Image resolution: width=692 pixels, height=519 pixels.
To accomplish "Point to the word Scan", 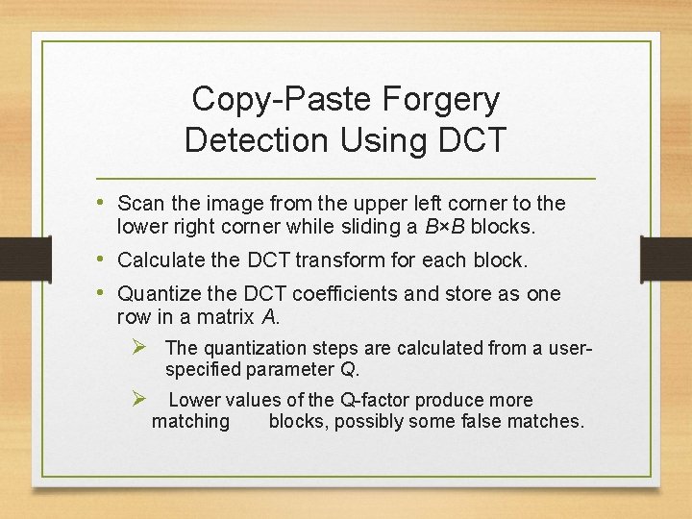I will point(137,204).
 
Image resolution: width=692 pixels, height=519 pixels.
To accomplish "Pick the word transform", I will point(337,259).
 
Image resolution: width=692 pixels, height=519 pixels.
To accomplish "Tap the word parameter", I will point(286,369).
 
